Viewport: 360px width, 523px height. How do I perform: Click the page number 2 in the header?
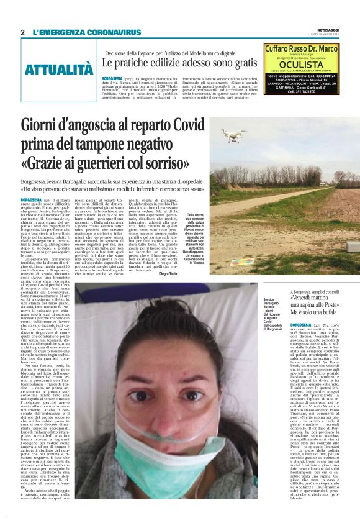(22, 32)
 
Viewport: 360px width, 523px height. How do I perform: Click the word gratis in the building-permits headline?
(242, 63)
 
